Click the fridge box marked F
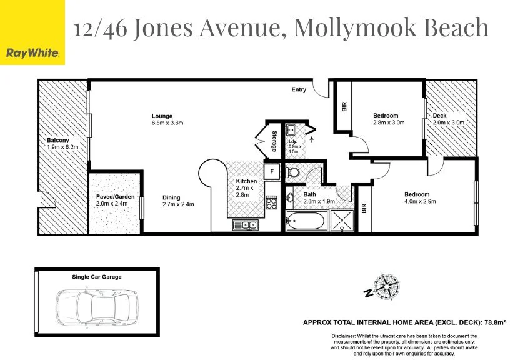pos(272,171)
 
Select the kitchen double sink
pos(246,225)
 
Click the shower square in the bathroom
pos(342,221)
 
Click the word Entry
pos(299,90)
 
